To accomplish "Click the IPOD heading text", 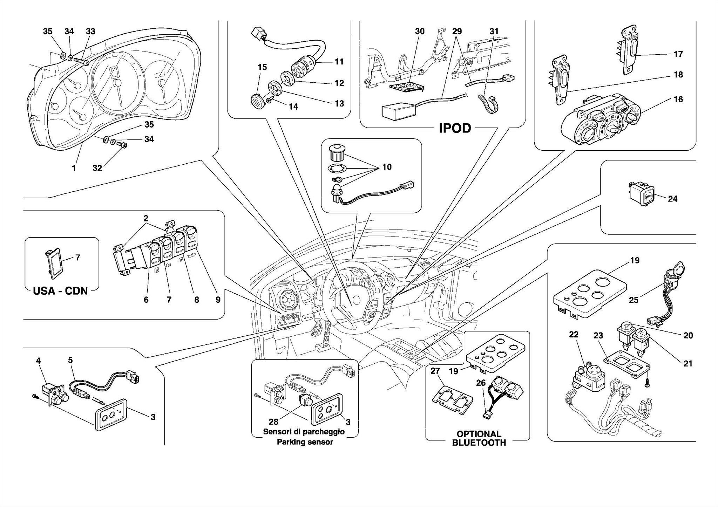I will [x=455, y=128].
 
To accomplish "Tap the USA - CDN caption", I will [x=60, y=291].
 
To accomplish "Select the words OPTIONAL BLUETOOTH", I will [x=479, y=438].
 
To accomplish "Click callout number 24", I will [x=672, y=199].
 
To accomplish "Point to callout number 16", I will [x=678, y=99].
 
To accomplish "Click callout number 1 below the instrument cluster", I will [x=74, y=168].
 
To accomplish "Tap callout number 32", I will [x=97, y=168].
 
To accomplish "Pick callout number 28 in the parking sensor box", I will [x=273, y=422].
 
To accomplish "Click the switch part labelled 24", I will [x=641, y=194].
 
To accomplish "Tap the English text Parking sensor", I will [x=305, y=442].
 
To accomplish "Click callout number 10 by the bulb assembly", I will [x=387, y=167].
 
